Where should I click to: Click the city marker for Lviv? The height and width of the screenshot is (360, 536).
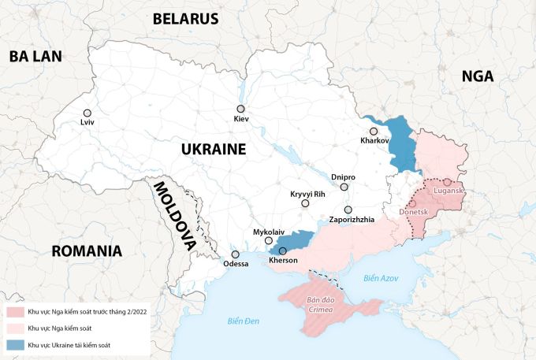tap(87, 113)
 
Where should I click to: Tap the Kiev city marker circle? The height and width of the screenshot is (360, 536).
tap(240, 109)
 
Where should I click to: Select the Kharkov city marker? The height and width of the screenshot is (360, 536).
tap(374, 131)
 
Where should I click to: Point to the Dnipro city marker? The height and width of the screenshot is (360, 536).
tap(344, 187)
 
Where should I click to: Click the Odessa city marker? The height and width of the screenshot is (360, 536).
tap(235, 254)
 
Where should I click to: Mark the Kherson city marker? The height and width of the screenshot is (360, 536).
tap(283, 251)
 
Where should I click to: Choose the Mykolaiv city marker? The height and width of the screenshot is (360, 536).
tap(269, 241)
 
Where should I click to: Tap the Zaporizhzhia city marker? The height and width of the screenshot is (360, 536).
tap(348, 210)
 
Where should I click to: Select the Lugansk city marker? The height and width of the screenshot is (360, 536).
tap(447, 183)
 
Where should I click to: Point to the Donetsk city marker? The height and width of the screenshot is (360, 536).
tap(412, 203)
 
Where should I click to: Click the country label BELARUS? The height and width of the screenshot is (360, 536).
tap(185, 19)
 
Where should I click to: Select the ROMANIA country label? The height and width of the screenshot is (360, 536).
tap(87, 251)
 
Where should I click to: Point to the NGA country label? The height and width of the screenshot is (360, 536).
tap(478, 76)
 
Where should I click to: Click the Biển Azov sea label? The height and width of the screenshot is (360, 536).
tap(382, 278)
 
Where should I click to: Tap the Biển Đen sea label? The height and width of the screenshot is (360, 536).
tap(243, 319)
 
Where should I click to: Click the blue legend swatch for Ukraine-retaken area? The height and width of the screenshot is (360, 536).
tap(13, 344)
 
